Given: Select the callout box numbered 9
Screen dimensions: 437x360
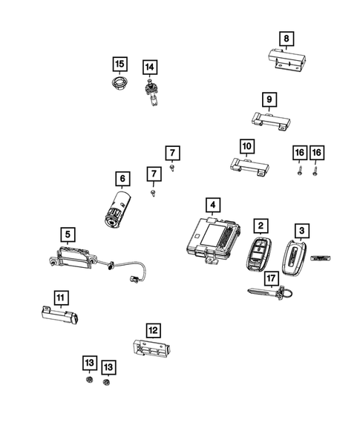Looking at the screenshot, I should pos(268,99).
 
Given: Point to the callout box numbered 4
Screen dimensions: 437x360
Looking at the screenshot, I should pos(212,205).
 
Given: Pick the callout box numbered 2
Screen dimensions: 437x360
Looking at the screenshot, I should pos(261,225).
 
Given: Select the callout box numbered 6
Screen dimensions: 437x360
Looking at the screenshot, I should pos(122,178).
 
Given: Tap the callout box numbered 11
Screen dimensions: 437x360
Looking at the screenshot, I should pos(60,298).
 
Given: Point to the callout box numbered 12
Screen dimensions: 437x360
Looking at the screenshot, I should pos(152,329).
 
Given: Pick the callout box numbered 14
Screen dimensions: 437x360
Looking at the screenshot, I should pos(149,68).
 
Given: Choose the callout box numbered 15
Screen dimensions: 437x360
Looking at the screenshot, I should pos(119,63).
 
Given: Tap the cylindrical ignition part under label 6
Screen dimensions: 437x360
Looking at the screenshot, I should pos(117,209).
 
